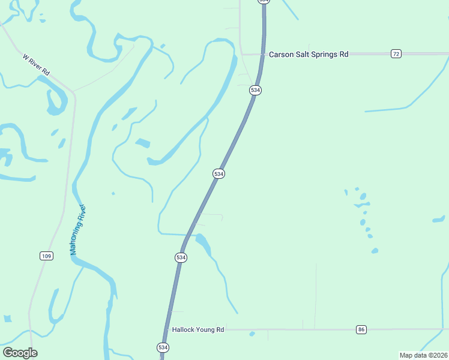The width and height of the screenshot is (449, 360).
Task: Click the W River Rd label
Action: coord(36,65)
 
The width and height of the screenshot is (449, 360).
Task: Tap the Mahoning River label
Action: coord(79,230)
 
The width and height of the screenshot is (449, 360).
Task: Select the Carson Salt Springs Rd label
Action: coord(309,54)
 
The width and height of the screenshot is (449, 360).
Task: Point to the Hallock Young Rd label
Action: coord(197,329)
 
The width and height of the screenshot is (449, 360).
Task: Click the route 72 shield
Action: coord(396,54)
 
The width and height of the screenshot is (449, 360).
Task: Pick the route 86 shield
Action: coord(361,329)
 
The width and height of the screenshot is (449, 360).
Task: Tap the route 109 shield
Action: coord(47,256)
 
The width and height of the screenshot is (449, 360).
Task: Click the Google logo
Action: coord(20,352)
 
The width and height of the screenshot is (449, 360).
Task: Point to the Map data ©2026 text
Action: coord(423,355)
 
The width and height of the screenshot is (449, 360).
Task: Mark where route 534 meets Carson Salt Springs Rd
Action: coord(263,54)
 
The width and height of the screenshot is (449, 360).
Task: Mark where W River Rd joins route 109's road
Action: coord(74,92)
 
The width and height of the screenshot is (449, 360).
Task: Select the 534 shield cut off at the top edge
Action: coord(264,2)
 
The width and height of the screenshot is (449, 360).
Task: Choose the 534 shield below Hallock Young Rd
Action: coord(163,347)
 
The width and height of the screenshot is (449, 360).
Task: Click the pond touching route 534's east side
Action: coord(203,242)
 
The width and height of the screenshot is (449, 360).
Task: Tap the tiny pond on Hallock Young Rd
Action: coord(252,334)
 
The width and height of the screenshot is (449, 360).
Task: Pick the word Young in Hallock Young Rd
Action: coord(204,329)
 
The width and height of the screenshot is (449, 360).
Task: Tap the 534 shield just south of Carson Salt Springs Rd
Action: coord(256,90)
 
